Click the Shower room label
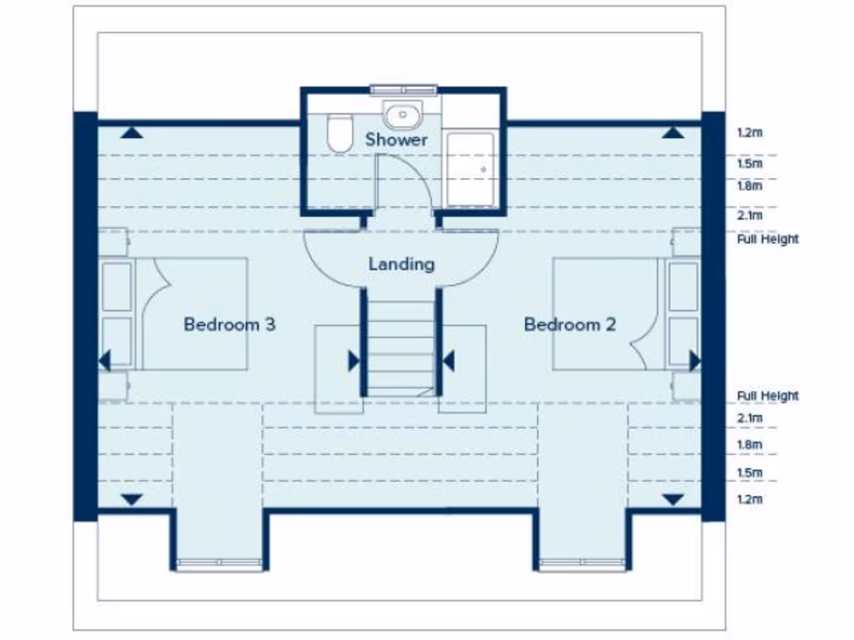[396, 139]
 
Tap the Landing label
[401, 264]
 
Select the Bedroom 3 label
[229, 324]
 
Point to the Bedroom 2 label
[570, 324]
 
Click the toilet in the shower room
[339, 134]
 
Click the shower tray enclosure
[472, 167]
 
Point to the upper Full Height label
[767, 239]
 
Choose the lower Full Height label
[767, 396]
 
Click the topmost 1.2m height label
[750, 132]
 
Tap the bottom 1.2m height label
[750, 499]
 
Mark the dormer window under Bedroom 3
[219, 564]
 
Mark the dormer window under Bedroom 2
[581, 564]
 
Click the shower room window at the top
[404, 89]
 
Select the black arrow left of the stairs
[354, 361]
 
